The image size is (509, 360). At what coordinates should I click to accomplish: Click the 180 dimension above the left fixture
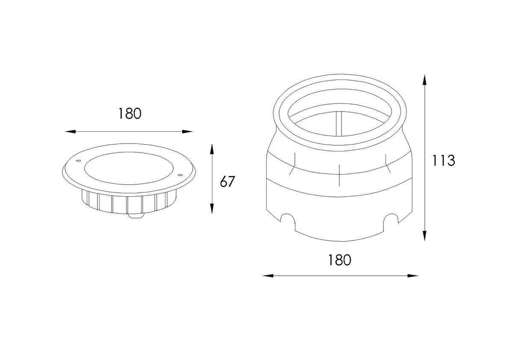click(x=129, y=114)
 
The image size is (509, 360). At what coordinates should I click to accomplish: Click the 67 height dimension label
click(x=227, y=182)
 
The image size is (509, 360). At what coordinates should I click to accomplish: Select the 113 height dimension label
click(x=444, y=160)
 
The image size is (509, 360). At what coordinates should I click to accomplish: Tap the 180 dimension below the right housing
click(x=339, y=260)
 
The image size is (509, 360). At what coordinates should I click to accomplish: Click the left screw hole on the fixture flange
click(x=78, y=161)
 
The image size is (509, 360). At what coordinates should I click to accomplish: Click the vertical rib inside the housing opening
click(x=339, y=124)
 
